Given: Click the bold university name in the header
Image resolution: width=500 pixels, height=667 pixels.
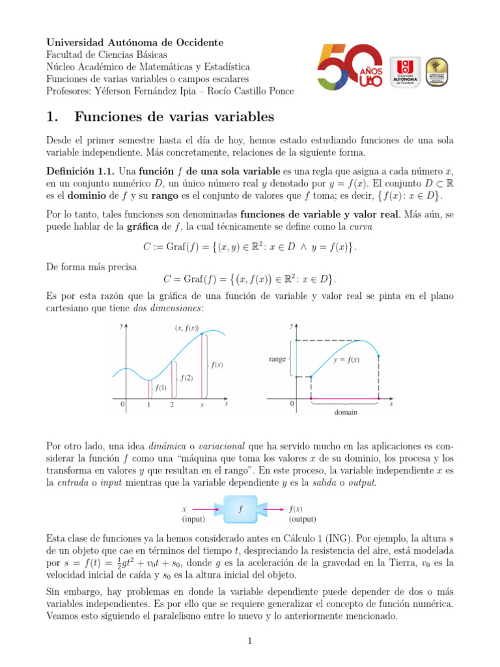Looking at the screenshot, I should click(135, 42).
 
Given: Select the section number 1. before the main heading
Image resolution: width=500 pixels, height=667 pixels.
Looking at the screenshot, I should click(53, 117).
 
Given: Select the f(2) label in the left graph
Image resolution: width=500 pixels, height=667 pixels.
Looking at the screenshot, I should click(187, 377).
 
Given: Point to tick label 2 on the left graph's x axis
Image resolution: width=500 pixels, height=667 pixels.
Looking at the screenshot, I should click(172, 404).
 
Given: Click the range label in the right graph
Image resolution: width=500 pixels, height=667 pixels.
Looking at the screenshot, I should click(277, 359).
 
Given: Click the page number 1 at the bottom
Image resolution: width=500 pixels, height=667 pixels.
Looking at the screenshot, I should click(249, 642).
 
